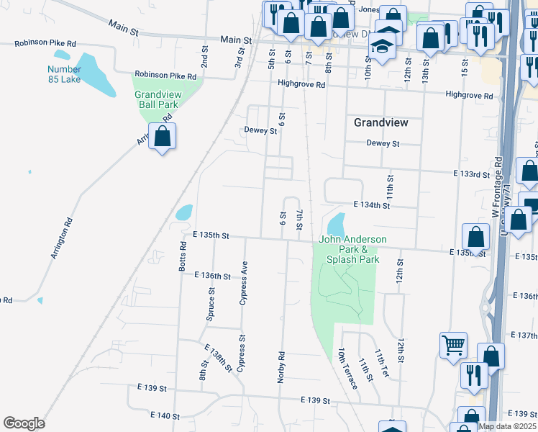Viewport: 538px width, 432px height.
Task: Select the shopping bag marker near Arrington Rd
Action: pyautogui.click(x=163, y=136)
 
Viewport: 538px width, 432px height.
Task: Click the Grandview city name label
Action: pyautogui.click(x=380, y=122)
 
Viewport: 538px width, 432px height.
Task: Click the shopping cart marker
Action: pyautogui.click(x=453, y=345)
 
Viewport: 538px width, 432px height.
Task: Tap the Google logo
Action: pyautogui.click(x=24, y=423)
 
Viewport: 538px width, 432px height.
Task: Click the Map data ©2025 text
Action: pyautogui.click(x=506, y=426)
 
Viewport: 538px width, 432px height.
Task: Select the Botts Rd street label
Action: pyautogui.click(x=183, y=256)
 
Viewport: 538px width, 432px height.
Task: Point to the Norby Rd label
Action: pyautogui.click(x=281, y=366)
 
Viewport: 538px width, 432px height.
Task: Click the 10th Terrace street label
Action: pyautogui.click(x=348, y=369)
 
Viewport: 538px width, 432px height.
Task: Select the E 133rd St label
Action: pyautogui.click(x=471, y=174)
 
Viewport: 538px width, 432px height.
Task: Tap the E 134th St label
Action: pyautogui.click(x=371, y=205)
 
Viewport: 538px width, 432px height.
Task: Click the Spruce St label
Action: pyautogui.click(x=211, y=304)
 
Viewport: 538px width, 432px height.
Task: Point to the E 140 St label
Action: pyautogui.click(x=165, y=415)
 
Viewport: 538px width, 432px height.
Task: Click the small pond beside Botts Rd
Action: pyautogui.click(x=184, y=212)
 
